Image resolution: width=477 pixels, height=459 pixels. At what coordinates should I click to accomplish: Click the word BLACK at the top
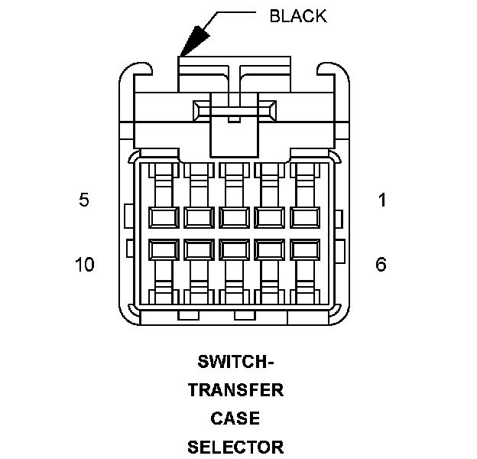[297, 16]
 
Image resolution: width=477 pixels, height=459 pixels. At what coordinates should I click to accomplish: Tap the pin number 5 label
[84, 200]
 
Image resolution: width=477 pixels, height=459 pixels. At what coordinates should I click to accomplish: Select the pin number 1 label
[381, 200]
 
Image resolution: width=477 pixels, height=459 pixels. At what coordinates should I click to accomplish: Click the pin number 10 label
[84, 265]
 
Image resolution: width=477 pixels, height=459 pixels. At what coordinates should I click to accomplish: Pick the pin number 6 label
[381, 265]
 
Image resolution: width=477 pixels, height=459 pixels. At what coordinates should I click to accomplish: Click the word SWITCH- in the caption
[235, 361]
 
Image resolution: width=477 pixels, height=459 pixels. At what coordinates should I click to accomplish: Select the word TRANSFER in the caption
[235, 390]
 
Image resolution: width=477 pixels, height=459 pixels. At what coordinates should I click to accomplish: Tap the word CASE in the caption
[235, 418]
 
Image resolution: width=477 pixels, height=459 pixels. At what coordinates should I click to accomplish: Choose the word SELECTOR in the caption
[235, 447]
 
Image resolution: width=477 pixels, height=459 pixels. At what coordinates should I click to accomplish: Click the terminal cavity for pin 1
[303, 217]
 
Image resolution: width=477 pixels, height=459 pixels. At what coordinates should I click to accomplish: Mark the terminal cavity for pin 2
[268, 217]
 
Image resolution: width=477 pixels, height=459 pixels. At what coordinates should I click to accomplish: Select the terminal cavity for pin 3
[233, 217]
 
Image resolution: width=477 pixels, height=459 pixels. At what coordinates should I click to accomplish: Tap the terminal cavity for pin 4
[198, 217]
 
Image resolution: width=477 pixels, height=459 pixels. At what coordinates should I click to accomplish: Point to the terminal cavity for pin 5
[164, 217]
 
